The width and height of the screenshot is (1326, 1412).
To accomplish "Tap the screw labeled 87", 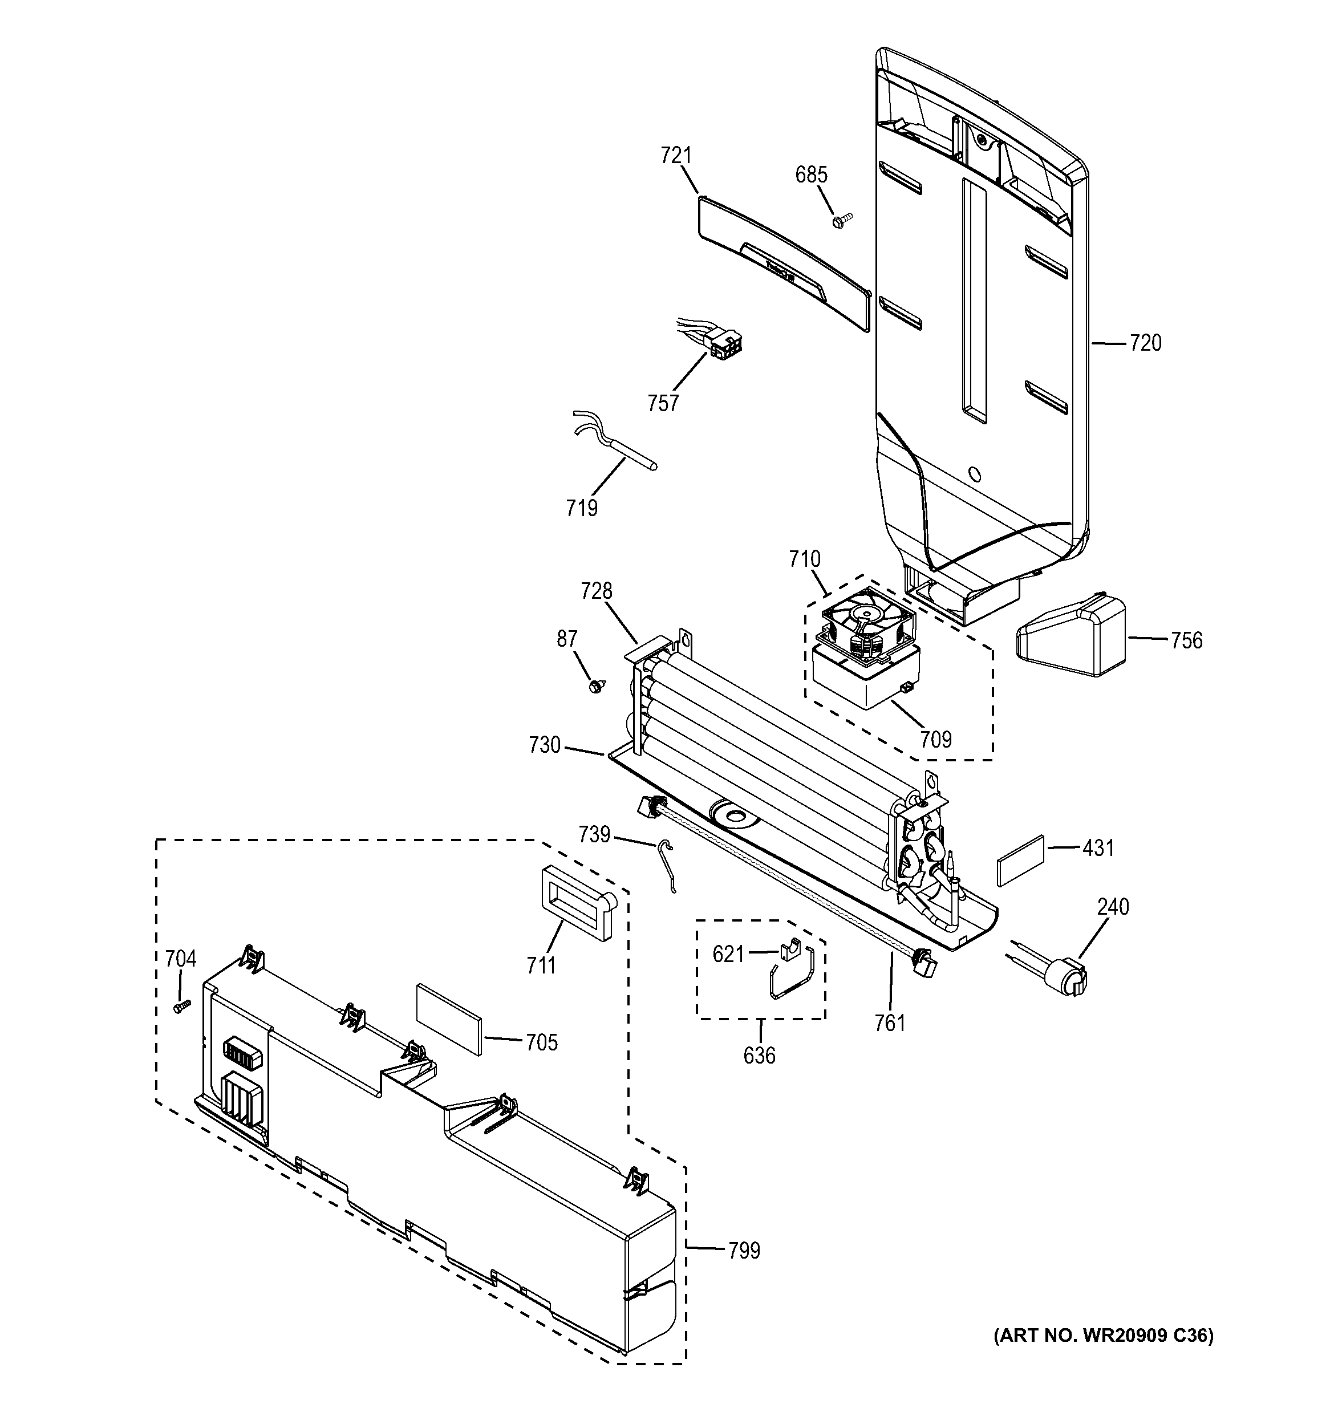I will pos(597,685).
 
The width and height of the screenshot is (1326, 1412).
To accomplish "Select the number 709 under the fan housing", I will pos(935,740).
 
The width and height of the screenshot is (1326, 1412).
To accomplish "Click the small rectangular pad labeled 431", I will pos(1021,860).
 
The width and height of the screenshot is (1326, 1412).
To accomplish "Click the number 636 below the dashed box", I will pos(759,1056).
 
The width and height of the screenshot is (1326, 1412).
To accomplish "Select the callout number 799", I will pos(744,1250).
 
